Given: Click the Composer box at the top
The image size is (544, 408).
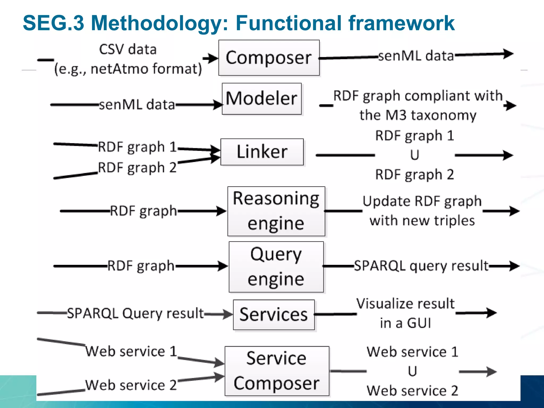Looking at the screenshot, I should [x=269, y=58].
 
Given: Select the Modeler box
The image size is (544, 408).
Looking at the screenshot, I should [x=262, y=99].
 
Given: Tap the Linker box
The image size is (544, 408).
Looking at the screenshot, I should [x=262, y=152].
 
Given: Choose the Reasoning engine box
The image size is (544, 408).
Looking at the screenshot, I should [x=276, y=211].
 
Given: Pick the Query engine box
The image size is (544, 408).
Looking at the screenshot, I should [x=276, y=267].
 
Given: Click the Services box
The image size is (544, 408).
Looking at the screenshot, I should [x=274, y=315].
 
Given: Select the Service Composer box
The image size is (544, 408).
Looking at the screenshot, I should [x=277, y=371].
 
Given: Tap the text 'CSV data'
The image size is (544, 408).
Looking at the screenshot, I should [x=128, y=50].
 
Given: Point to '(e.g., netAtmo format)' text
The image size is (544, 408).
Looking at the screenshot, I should [x=128, y=69].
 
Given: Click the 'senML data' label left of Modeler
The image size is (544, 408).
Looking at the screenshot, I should [x=137, y=105].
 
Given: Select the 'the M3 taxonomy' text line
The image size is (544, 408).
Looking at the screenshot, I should [x=418, y=115].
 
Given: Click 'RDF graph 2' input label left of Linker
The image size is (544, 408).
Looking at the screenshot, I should [x=137, y=168].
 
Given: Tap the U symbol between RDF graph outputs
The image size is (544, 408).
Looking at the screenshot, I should [x=414, y=155].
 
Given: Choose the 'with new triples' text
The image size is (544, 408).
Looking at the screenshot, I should [x=422, y=221].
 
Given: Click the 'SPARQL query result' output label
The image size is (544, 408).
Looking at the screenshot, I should [x=421, y=266].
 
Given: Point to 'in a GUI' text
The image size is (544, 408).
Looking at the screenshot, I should [x=405, y=323].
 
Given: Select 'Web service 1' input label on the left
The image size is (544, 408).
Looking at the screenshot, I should [x=131, y=351].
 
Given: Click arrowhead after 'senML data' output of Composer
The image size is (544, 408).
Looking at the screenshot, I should [x=508, y=54].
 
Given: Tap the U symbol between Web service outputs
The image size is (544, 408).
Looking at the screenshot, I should [x=412, y=371].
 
